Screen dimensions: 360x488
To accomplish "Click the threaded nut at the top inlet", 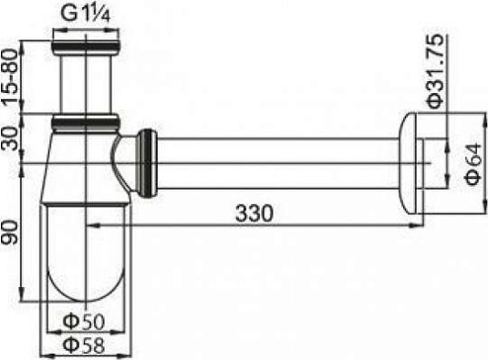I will coord(86,42).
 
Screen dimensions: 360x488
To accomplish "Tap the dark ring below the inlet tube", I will coord(86,119).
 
